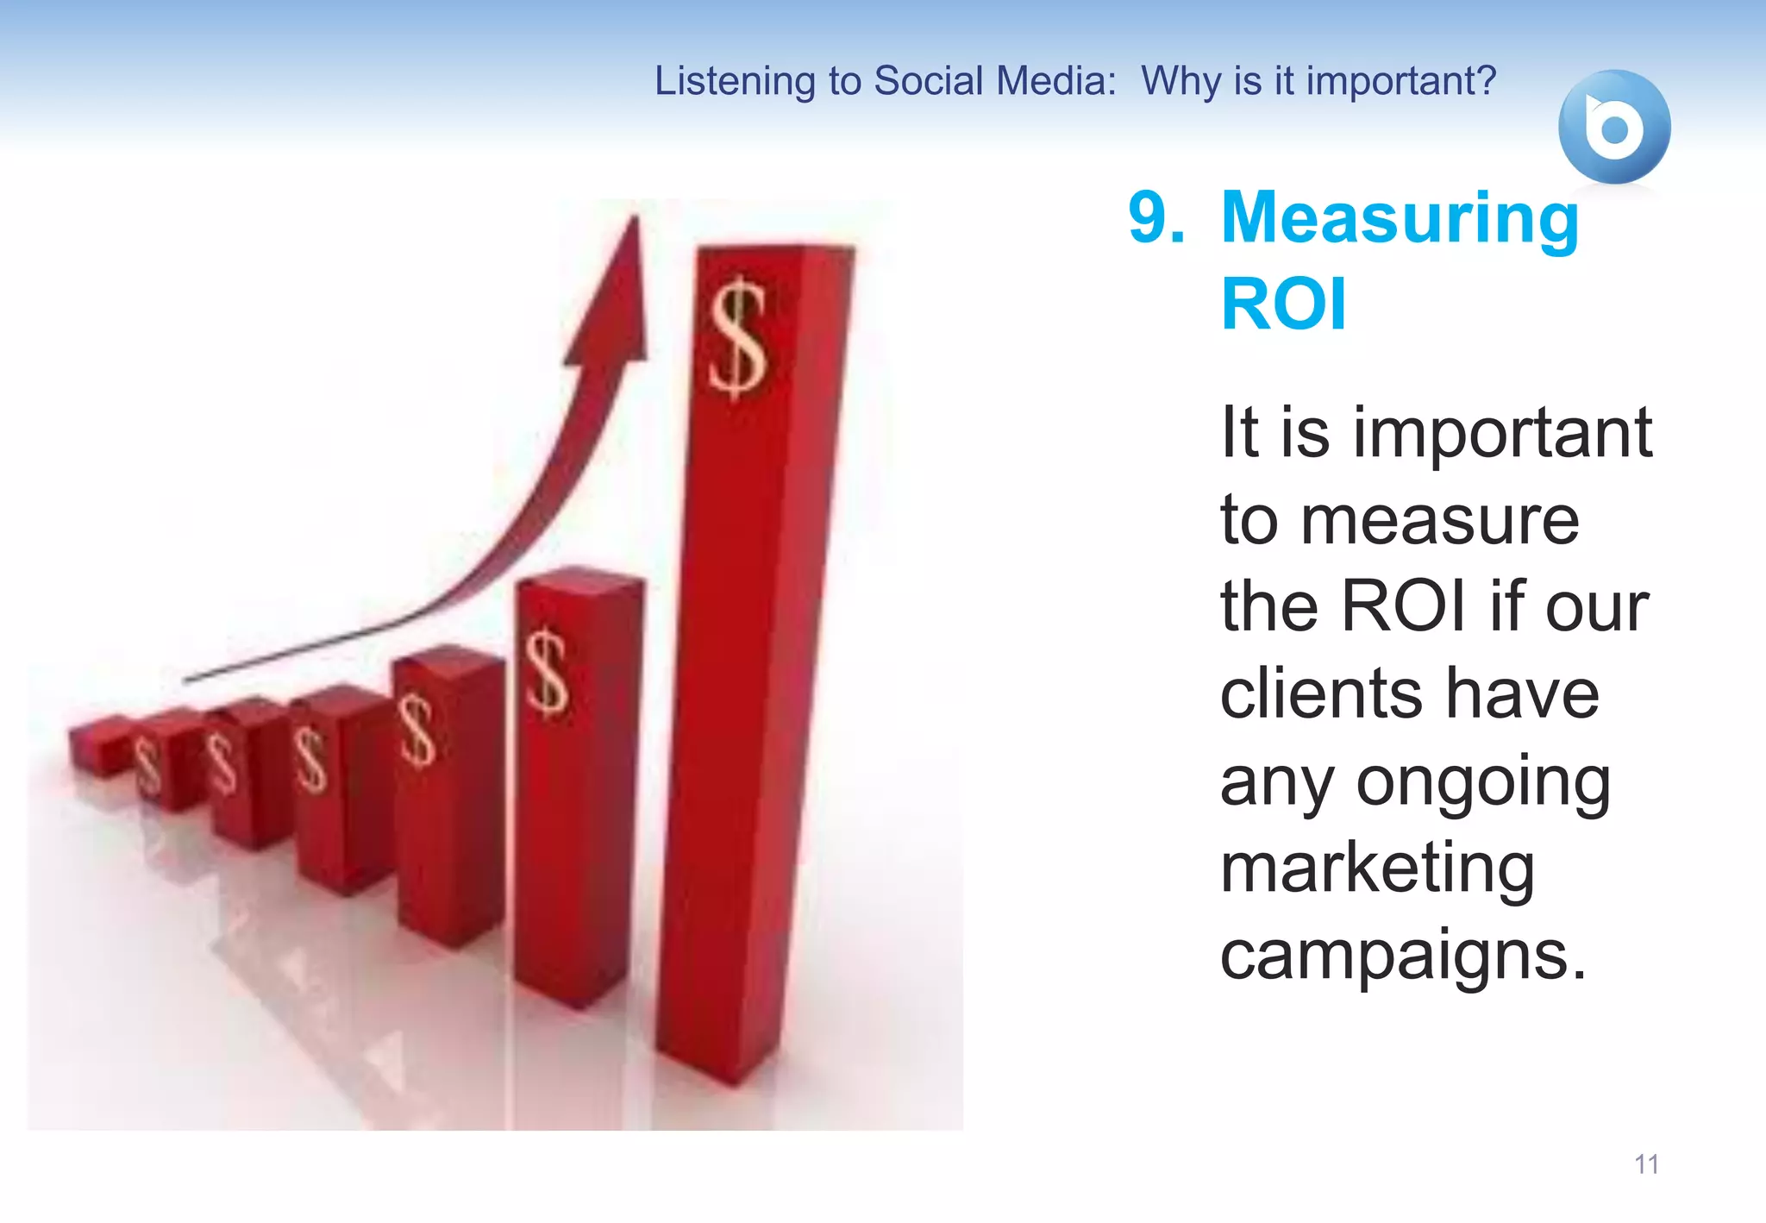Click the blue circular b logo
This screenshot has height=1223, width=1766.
coord(1613,127)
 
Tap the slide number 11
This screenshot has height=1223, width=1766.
coord(1646,1164)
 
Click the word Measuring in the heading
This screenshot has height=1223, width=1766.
coord(1400,219)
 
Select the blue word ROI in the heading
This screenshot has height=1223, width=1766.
coord(1283,304)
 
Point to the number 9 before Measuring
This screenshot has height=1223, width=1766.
coord(1155,217)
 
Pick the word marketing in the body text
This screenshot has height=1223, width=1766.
coord(1377,869)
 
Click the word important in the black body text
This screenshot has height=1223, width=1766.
coord(1501,432)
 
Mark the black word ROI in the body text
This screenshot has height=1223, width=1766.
coord(1402,606)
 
